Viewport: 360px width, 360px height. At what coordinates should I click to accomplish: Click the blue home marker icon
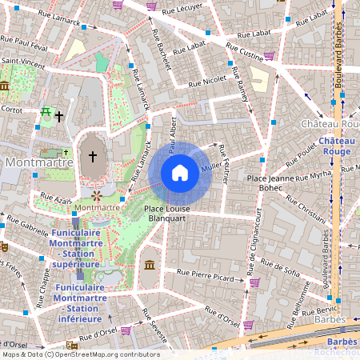(180, 173)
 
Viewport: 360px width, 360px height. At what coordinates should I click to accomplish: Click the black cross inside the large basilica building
(93, 157)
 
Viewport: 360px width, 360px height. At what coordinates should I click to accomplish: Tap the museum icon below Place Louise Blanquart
(150, 265)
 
